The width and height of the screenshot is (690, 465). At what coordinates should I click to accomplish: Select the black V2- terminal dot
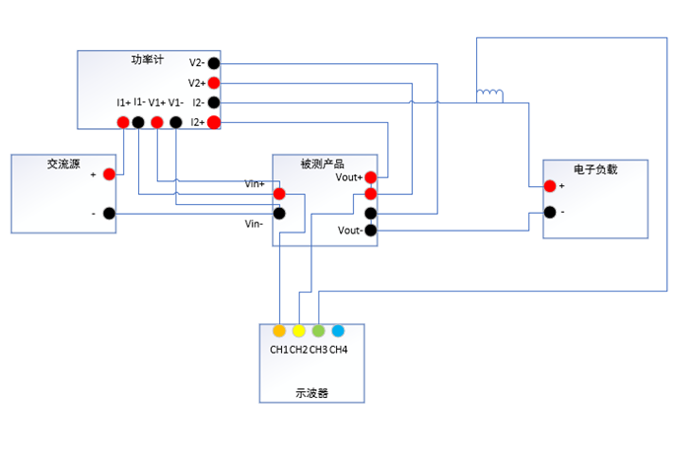click(x=213, y=64)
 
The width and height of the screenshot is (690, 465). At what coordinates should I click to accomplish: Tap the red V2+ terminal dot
click(x=213, y=84)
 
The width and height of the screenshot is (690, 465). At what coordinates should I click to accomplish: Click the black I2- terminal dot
click(x=213, y=102)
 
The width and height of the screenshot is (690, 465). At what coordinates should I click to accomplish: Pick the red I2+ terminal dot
click(x=213, y=122)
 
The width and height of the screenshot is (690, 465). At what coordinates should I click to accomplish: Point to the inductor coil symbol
click(x=490, y=96)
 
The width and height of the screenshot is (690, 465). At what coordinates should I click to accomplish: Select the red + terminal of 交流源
click(x=108, y=174)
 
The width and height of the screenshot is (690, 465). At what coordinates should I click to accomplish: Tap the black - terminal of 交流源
click(x=108, y=213)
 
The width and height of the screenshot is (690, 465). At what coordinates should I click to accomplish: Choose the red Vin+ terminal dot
click(x=280, y=194)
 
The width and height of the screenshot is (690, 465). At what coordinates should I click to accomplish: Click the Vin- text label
click(x=253, y=224)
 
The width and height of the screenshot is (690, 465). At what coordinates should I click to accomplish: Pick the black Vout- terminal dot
click(x=371, y=232)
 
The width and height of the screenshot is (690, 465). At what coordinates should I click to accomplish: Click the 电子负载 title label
click(x=594, y=169)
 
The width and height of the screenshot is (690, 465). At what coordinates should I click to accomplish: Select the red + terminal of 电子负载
click(x=549, y=186)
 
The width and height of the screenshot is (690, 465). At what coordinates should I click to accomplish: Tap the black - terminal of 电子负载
click(x=549, y=212)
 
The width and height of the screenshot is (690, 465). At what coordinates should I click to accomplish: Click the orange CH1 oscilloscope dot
click(x=279, y=331)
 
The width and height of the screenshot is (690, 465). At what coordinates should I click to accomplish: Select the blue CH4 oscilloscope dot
click(x=338, y=331)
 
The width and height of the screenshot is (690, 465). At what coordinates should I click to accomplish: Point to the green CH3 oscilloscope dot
click(x=318, y=331)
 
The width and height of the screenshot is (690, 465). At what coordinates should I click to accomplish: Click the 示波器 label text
click(x=311, y=392)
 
